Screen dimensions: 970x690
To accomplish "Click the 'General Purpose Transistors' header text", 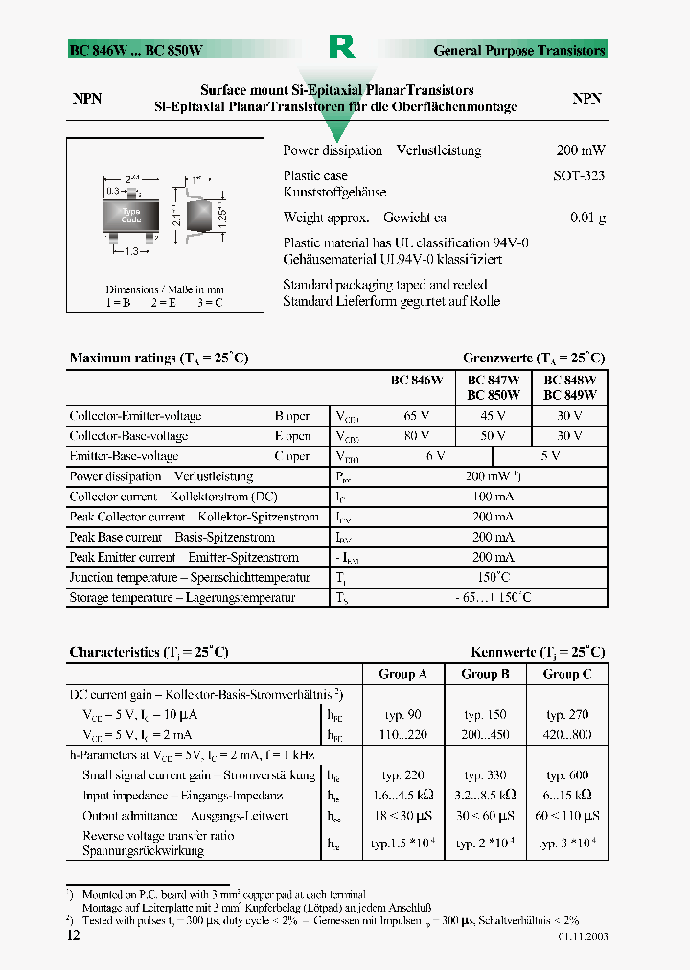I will click(519, 50).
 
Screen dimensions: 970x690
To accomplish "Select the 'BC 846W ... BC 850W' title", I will click(136, 50).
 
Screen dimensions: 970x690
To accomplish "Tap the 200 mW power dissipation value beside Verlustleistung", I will click(580, 150).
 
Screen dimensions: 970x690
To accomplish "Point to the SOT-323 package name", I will click(578, 176).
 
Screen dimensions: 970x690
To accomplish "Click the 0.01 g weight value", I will click(586, 218).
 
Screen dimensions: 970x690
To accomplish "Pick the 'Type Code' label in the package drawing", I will click(131, 216).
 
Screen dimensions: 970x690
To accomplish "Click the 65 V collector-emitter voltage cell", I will click(417, 416).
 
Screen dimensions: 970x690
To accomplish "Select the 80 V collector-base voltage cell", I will click(417, 436).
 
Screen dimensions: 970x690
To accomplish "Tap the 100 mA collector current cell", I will click(493, 497).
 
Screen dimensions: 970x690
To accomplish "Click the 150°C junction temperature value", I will click(493, 577).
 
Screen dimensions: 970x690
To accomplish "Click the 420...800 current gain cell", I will click(568, 735).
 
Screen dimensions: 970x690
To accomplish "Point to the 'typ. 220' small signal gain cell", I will click(403, 775).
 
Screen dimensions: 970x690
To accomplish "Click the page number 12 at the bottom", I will click(75, 935).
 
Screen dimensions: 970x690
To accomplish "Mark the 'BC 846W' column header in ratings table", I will click(417, 380).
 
